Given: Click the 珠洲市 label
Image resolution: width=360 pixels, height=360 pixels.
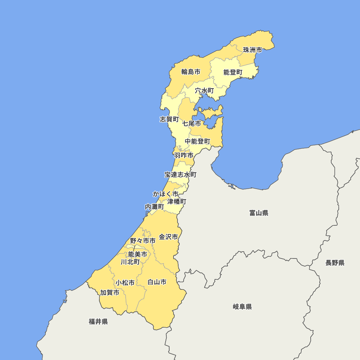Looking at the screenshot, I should [x=252, y=50].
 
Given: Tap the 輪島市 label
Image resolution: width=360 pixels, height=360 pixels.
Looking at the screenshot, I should [x=191, y=72].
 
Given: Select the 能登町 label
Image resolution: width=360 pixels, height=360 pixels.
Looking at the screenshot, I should [x=233, y=72].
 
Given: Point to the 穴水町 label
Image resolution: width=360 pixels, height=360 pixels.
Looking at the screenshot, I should [x=204, y=91].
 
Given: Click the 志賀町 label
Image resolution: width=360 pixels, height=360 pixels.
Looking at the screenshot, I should [x=169, y=119].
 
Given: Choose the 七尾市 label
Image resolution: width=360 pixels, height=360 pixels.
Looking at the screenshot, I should [x=192, y=123].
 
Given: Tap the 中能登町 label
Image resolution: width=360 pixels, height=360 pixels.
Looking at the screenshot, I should [x=197, y=141].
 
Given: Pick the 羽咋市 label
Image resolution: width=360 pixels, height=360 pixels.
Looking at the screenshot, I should [x=184, y=156].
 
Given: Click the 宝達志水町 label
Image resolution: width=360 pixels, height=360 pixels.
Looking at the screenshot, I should [x=181, y=175].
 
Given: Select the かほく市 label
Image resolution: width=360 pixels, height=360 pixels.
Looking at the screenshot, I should [x=166, y=194].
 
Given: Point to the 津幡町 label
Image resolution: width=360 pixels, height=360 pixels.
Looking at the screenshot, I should [x=177, y=201].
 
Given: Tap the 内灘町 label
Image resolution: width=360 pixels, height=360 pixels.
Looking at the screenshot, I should [x=154, y=207].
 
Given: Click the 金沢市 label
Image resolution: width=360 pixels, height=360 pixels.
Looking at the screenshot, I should [x=168, y=237].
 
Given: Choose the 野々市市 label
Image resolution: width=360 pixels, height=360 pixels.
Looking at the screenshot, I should [x=143, y=240].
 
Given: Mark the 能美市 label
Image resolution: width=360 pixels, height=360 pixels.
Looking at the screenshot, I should [x=138, y=254].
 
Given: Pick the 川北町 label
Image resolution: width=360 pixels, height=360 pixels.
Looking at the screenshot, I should [x=130, y=262].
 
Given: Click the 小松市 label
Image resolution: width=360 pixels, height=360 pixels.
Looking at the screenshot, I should [x=125, y=283].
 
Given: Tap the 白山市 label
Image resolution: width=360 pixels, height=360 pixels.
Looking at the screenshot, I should [x=157, y=282].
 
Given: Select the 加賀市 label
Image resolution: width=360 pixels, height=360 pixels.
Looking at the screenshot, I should [x=110, y=292].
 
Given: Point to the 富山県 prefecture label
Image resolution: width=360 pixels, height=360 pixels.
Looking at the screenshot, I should [x=259, y=213].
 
